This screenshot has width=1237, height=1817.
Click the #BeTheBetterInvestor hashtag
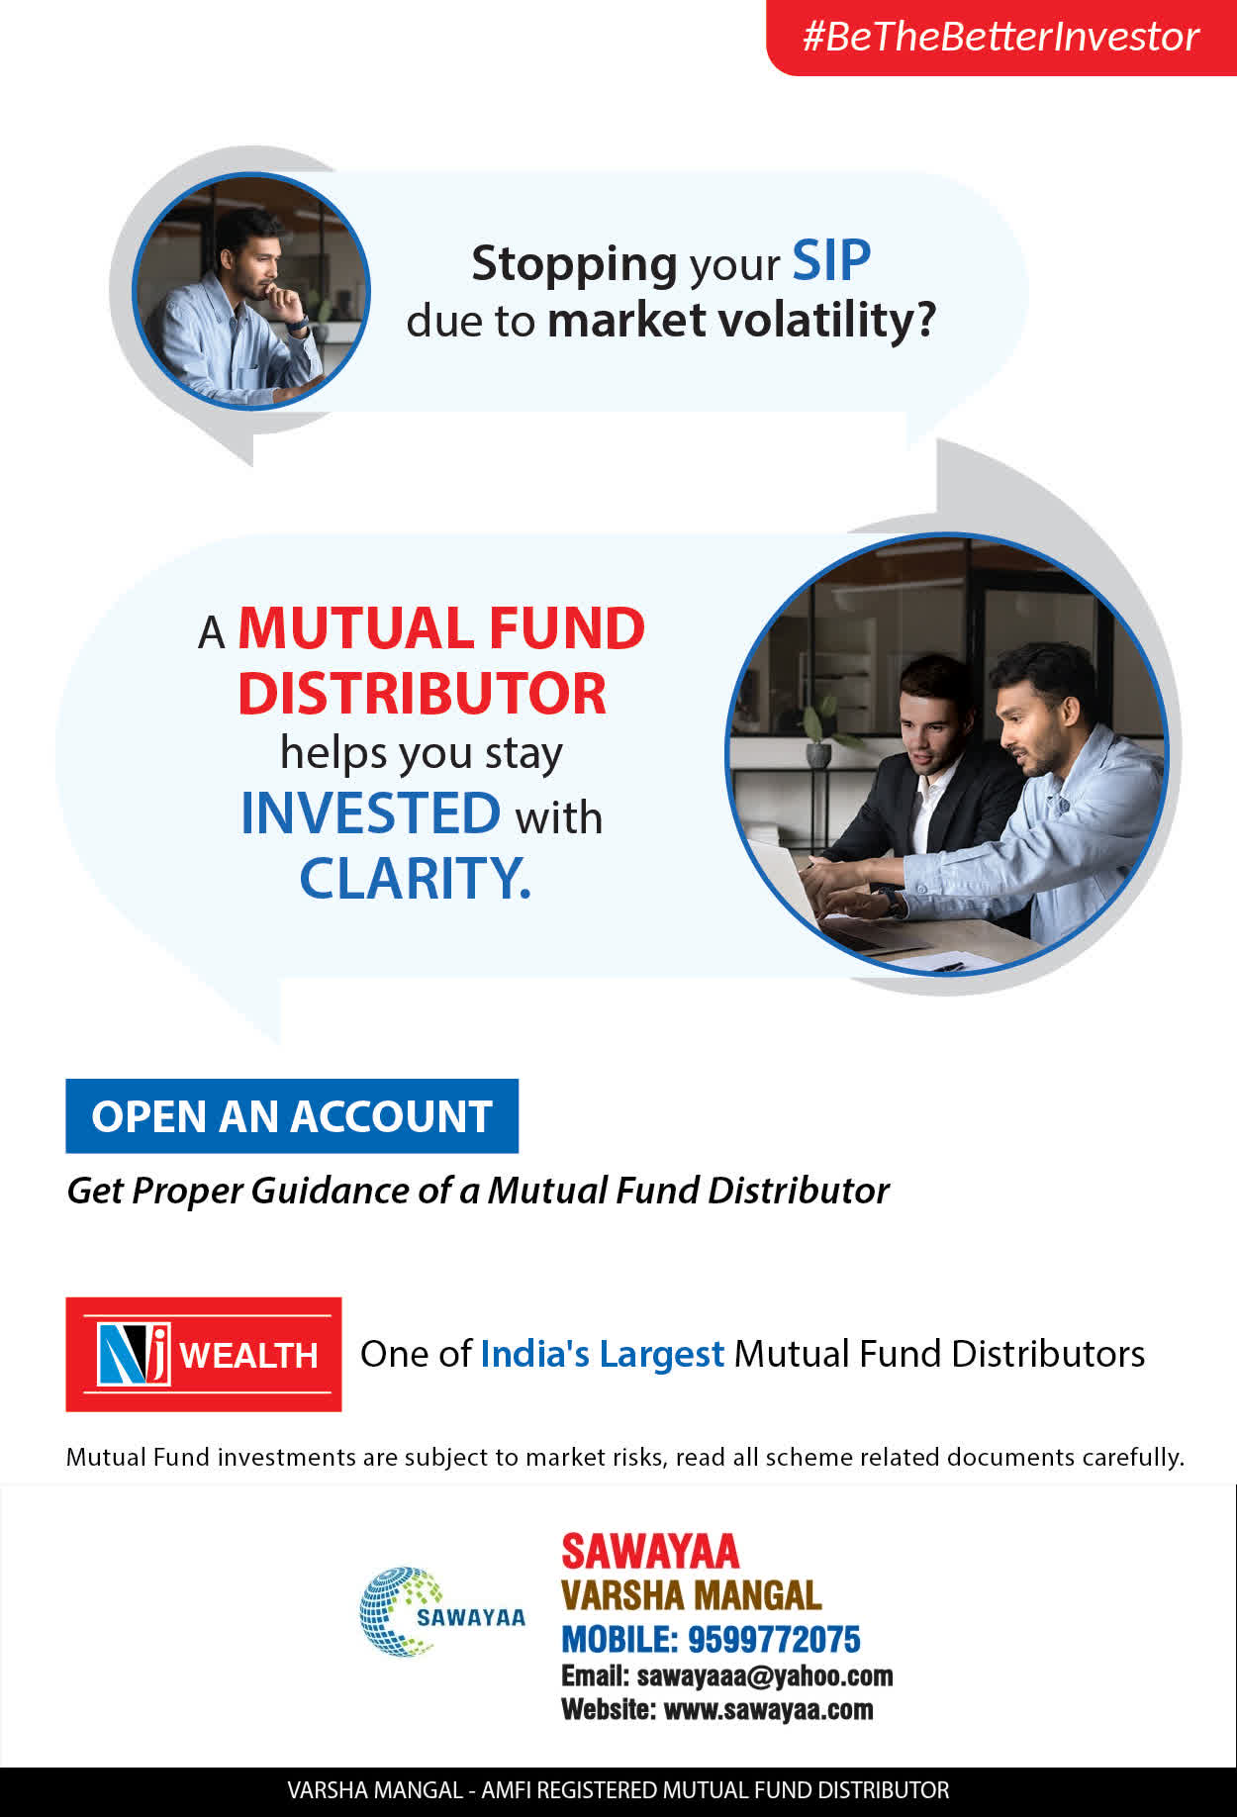point(1000,37)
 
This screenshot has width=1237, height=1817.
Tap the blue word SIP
point(831,261)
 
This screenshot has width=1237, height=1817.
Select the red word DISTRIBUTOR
point(422,693)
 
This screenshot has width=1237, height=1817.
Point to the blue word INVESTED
point(371,813)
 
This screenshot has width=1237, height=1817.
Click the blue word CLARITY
point(415,878)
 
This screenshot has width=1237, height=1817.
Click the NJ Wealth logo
point(204,1354)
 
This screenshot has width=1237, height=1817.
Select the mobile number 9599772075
point(774,1640)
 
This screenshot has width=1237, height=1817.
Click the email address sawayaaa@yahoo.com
point(765,1675)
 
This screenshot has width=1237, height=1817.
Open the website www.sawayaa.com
point(768,1709)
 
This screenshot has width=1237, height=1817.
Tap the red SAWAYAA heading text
point(650,1552)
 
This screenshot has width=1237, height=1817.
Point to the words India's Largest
point(602,1354)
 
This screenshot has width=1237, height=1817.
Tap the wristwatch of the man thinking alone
point(298,323)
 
